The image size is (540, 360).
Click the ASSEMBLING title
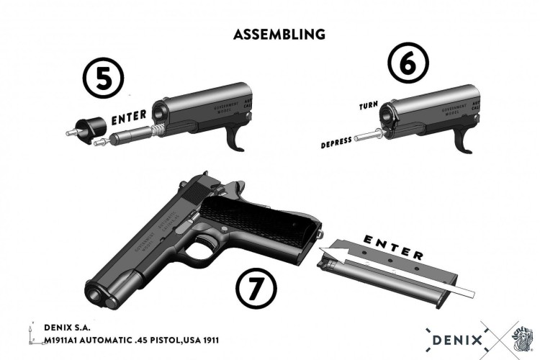point(279,34)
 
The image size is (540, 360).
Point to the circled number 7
point(256,291)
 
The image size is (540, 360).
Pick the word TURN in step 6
point(369,106)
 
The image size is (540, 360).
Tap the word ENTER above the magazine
point(392,246)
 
